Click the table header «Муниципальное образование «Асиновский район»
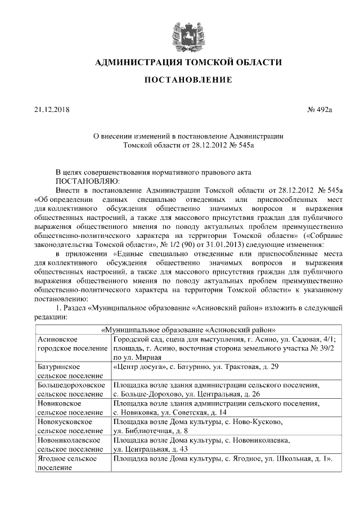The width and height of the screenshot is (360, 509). (188, 330)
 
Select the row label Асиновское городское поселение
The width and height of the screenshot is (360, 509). (72, 344)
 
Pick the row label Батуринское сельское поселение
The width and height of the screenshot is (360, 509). (72, 371)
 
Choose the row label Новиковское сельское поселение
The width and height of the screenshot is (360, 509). (72, 408)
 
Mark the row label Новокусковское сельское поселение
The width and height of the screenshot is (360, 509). (72, 426)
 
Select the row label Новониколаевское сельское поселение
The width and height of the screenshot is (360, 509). (72, 444)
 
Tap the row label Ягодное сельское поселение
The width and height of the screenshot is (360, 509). (72, 463)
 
